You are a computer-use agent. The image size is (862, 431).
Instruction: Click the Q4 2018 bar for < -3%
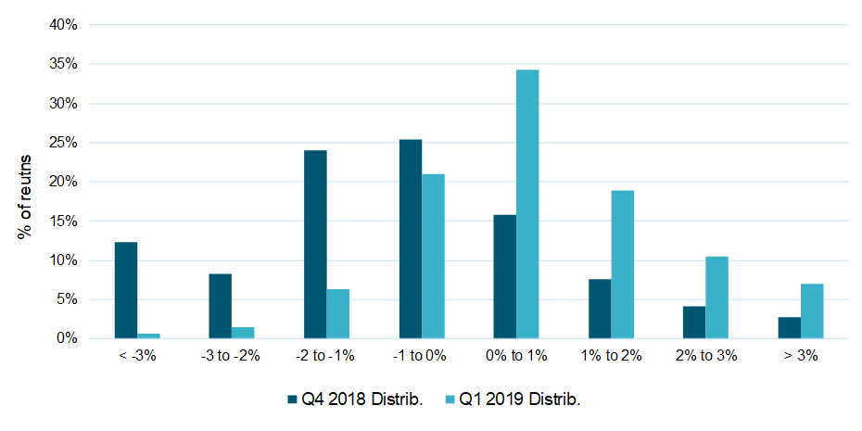pos(126,290)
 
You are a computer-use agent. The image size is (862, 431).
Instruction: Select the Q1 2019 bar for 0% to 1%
pos(527,204)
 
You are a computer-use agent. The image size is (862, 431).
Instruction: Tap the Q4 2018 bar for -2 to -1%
pos(315,245)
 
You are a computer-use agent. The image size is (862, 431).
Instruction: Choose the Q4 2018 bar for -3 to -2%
pos(221,306)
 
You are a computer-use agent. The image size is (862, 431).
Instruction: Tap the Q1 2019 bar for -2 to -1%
pos(338,314)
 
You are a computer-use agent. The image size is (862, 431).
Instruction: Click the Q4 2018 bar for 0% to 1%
pos(505,276)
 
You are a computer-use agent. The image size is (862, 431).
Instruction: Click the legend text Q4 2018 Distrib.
pos(361,399)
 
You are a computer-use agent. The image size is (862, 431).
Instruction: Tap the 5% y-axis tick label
pos(67,299)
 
